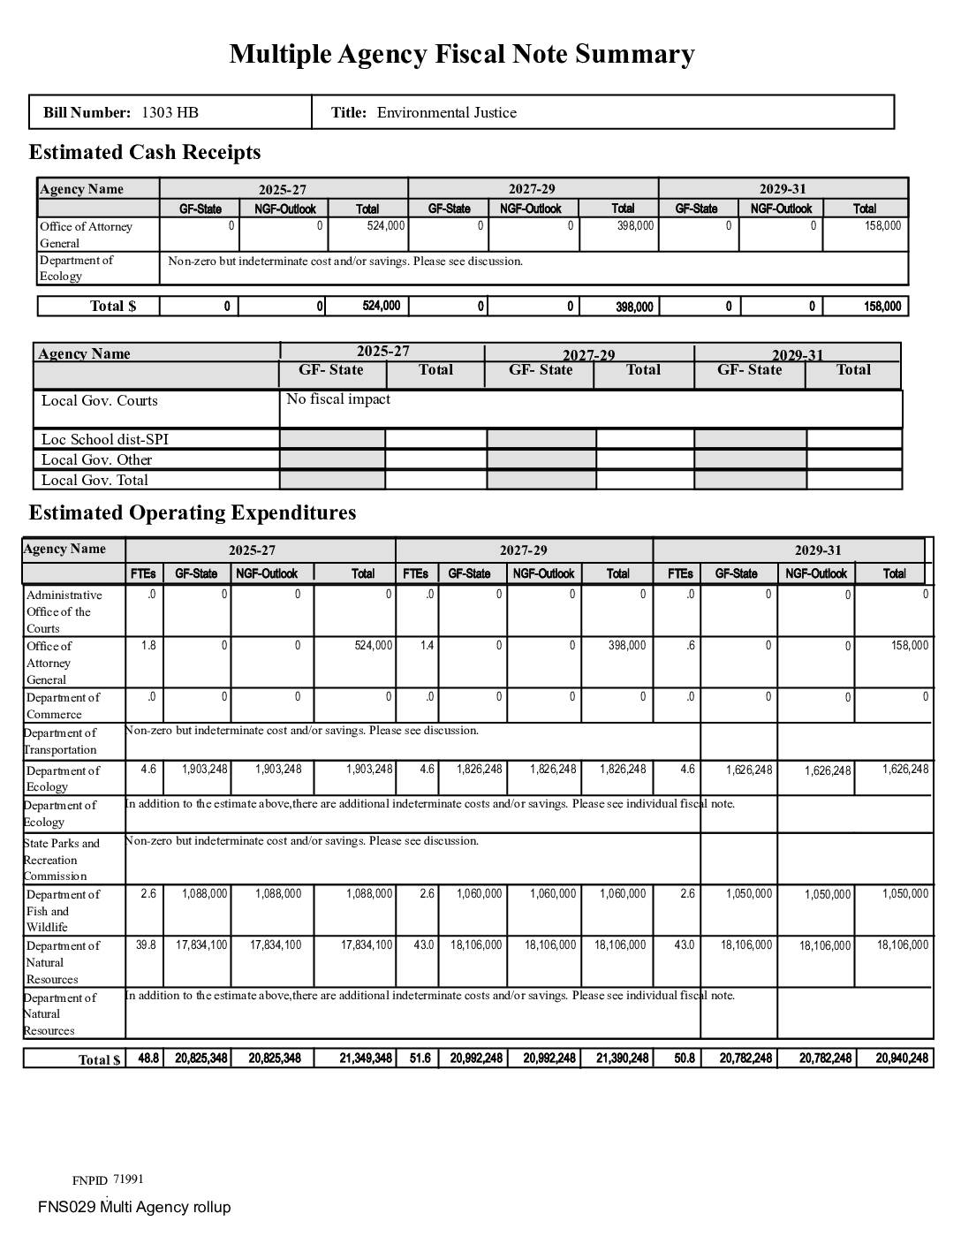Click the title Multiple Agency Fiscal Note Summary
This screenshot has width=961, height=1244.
click(462, 54)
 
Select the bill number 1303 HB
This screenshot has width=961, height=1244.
click(170, 112)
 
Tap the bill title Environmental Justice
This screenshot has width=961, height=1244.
click(446, 112)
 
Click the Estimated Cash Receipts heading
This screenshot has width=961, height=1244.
click(145, 152)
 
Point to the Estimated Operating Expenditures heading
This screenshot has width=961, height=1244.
click(193, 512)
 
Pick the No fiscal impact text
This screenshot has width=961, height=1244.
click(338, 399)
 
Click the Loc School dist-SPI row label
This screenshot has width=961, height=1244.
click(104, 439)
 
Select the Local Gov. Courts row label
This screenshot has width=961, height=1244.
click(99, 400)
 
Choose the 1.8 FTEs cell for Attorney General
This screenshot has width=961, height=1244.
click(148, 646)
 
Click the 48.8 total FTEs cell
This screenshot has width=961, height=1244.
click(148, 1058)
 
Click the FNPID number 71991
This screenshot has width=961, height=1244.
click(128, 1180)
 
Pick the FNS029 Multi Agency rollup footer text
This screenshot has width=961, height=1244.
click(134, 1207)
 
